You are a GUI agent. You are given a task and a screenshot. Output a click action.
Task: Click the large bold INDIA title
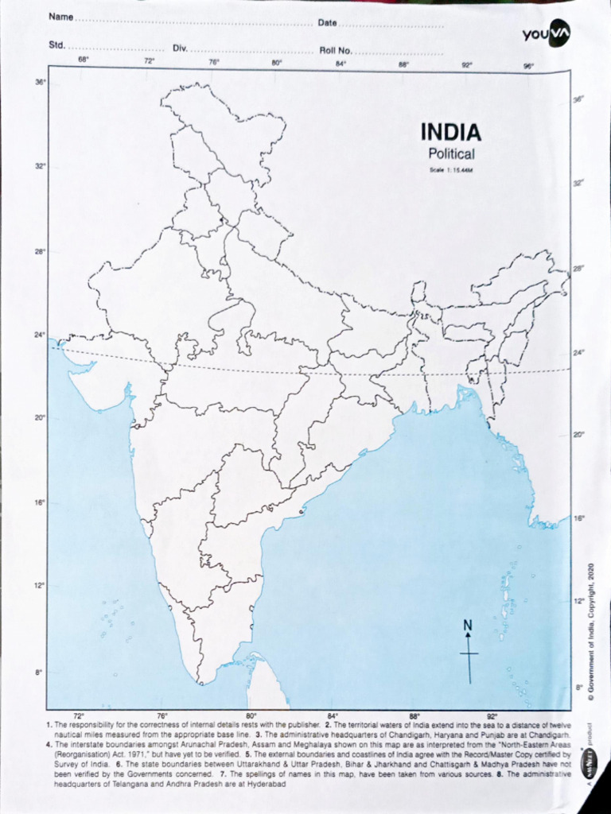450,132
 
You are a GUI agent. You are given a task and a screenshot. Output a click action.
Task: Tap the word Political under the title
450,154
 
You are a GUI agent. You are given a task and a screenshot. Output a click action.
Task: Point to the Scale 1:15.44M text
451,170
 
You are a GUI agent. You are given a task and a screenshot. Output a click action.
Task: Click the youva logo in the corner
546,33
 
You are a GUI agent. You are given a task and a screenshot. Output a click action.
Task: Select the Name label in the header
60,17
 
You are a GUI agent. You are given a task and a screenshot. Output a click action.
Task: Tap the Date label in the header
327,22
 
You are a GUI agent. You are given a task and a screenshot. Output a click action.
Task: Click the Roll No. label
335,50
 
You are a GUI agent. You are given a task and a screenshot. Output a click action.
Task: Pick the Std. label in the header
56,45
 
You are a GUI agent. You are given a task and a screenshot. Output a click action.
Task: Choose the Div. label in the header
180,48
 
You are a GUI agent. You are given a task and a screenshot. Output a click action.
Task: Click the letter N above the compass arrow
468,625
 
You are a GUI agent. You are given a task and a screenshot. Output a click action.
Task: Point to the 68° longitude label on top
83,60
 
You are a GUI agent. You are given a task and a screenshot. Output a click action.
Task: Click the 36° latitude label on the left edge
40,82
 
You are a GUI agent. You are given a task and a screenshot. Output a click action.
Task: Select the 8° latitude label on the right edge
579,687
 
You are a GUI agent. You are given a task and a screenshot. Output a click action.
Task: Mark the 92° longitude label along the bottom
492,715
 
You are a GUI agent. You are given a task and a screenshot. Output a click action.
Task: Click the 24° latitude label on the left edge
39,335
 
